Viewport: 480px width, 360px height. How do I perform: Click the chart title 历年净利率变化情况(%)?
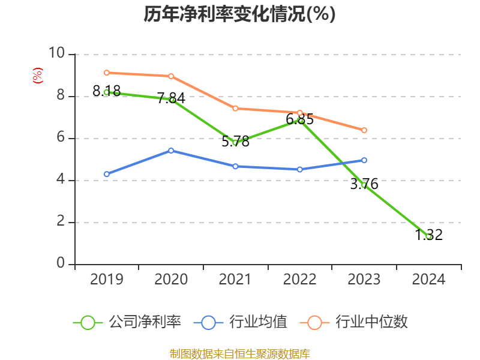point(239,14)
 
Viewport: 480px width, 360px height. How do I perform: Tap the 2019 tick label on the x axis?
point(106,280)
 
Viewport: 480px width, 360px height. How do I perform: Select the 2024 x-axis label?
point(429,280)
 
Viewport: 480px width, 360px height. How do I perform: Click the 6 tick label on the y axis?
point(61,138)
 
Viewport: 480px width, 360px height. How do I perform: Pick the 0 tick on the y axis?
point(61,264)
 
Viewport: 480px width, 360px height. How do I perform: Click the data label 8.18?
point(106,91)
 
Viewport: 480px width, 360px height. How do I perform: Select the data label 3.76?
point(364,184)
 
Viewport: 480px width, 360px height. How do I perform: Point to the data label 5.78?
point(235,142)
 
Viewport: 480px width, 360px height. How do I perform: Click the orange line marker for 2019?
point(106,73)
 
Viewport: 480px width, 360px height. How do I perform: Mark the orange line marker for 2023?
point(364,130)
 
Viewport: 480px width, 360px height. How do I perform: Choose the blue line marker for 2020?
point(171,151)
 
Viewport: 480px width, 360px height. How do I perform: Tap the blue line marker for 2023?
point(364,160)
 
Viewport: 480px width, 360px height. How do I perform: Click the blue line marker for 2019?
point(106,174)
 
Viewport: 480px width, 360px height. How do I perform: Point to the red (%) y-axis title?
point(37,76)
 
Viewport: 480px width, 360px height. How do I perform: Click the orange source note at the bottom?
point(239,353)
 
